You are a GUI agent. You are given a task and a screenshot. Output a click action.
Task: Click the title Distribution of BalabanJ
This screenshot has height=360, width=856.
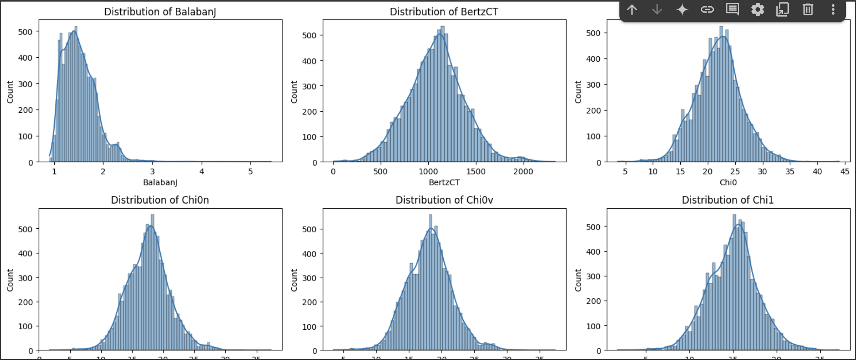(160, 12)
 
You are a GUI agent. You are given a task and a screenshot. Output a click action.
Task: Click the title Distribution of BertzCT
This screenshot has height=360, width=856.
(444, 12)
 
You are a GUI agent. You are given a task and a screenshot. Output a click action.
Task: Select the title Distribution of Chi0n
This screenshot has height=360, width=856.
(160, 200)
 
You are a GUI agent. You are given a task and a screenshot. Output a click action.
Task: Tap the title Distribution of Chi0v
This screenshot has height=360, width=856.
(444, 200)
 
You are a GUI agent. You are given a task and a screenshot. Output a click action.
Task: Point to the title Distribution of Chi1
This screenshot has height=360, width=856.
(727, 200)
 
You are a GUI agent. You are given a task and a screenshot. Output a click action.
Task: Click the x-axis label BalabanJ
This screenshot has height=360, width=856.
(160, 182)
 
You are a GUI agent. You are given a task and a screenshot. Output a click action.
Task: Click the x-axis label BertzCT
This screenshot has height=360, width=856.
(444, 182)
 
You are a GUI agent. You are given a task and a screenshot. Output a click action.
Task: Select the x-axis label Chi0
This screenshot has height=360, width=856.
(728, 182)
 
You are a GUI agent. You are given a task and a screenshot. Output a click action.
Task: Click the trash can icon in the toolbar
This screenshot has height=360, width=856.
(808, 9)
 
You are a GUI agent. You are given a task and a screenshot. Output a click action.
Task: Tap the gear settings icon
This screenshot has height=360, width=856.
(757, 9)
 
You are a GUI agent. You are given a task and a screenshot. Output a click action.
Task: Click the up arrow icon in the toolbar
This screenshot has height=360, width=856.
(632, 9)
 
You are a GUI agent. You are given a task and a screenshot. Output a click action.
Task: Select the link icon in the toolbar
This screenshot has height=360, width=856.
(707, 9)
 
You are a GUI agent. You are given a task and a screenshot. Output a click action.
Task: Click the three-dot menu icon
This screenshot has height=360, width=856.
(833, 9)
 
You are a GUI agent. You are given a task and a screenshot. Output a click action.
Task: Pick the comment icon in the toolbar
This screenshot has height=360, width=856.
(732, 9)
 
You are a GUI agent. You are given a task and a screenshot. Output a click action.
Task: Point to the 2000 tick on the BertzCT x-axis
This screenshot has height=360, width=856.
(523, 172)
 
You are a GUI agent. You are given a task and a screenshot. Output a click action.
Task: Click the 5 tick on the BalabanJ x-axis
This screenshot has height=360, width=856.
(250, 172)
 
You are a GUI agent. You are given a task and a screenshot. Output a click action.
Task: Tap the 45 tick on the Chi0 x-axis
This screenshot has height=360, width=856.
(845, 172)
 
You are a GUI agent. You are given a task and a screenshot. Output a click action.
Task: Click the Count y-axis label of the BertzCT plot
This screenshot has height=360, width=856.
(294, 92)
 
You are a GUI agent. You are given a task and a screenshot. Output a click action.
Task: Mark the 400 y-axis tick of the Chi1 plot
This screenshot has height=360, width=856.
(593, 252)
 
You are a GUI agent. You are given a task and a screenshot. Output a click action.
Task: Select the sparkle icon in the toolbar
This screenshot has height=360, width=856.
(682, 9)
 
